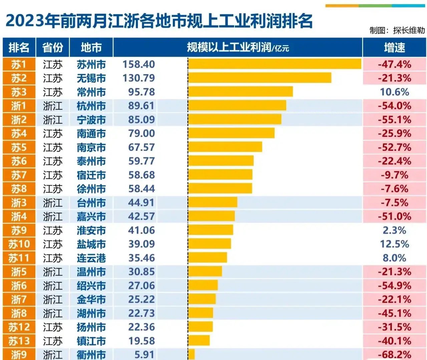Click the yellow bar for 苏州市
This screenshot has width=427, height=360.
(275, 64)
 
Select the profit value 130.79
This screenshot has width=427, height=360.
(139, 78)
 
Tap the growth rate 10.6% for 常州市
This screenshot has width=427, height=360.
(394, 92)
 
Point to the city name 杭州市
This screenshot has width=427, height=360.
(91, 106)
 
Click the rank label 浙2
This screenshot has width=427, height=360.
(19, 120)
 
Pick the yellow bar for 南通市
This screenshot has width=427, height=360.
(231, 133)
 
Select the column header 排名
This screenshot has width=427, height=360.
(19, 47)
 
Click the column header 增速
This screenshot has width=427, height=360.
(394, 47)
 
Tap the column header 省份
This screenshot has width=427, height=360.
(53, 47)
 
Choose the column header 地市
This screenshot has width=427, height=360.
(91, 47)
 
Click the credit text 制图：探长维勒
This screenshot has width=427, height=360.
(397, 30)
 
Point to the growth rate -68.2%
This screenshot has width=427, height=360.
(394, 354)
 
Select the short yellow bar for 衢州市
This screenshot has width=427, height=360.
(191, 354)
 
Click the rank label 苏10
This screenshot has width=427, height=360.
(19, 244)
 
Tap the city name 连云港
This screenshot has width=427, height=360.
(91, 258)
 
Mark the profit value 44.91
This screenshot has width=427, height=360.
(141, 202)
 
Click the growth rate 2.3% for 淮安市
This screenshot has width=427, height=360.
(394, 230)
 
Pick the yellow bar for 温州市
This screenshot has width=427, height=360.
(205, 271)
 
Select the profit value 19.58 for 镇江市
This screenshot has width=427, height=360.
(141, 341)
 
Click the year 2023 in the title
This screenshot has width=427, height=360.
(25, 21)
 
